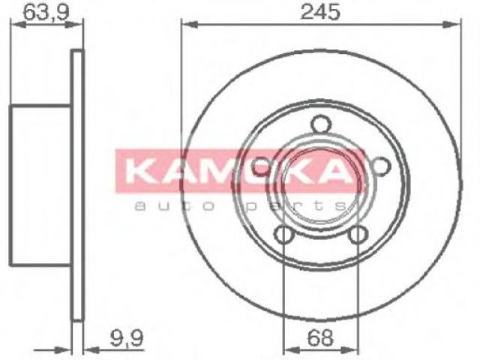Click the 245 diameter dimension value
tap(320, 12)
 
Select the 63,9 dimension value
tap(46, 12)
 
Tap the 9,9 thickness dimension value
tap(126, 337)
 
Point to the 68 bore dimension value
tap(320, 338)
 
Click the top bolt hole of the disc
tap(321, 124)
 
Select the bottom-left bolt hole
tap(284, 235)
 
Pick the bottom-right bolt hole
tap(358, 235)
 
